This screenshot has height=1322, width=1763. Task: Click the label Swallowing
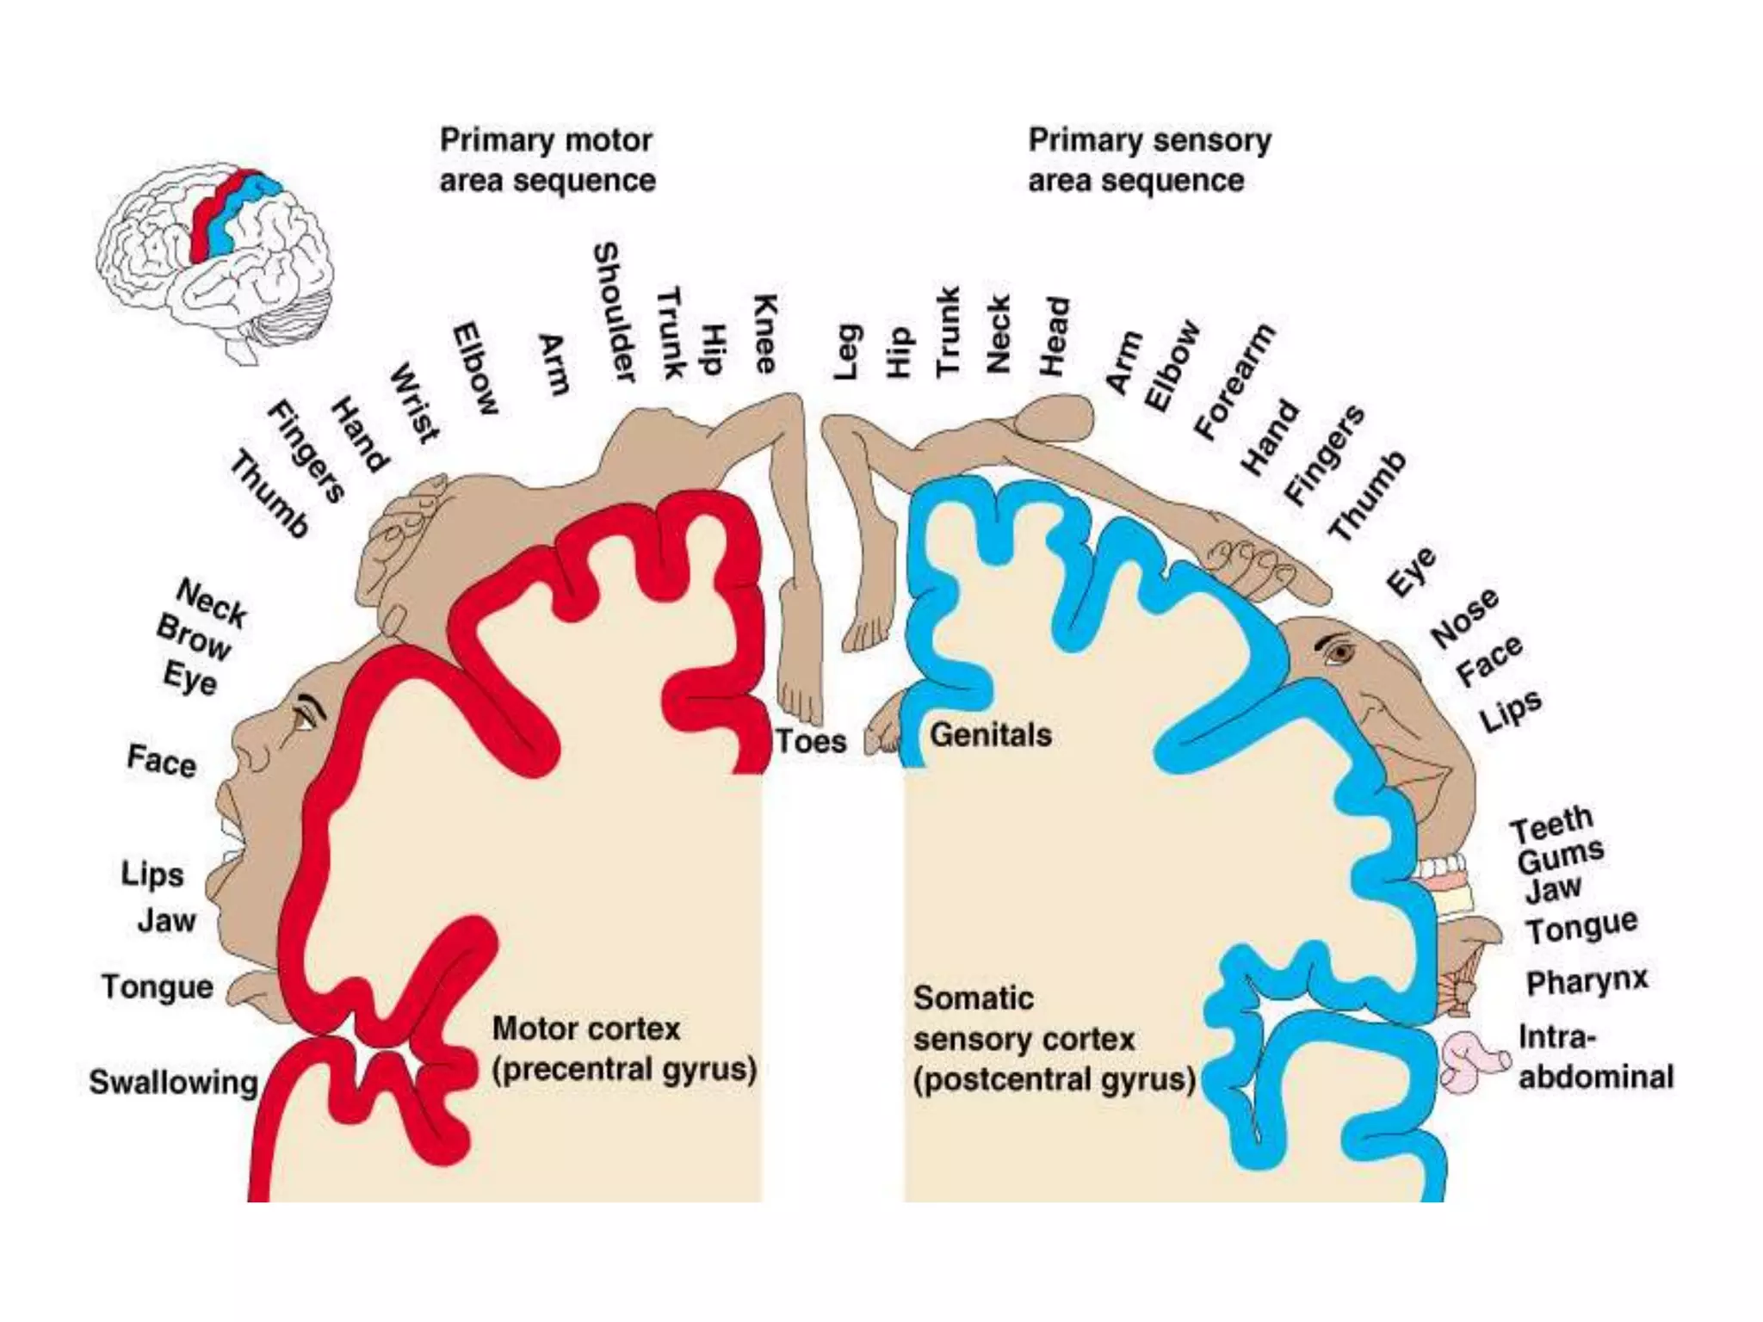pyautogui.click(x=173, y=1082)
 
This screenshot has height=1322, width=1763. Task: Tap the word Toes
pyautogui.click(x=811, y=741)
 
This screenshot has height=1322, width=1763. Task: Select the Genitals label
pyautogui.click(x=991, y=735)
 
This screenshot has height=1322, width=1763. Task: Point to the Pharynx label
pyautogui.click(x=1587, y=981)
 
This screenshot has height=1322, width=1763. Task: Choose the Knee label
pyautogui.click(x=765, y=334)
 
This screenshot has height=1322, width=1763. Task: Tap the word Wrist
pyautogui.click(x=415, y=403)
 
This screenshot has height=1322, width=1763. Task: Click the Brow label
pyautogui.click(x=194, y=638)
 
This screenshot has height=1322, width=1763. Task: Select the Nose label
pyautogui.click(x=1464, y=618)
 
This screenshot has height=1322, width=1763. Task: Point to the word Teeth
pyautogui.click(x=1552, y=825)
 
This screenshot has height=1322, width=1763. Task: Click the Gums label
pyautogui.click(x=1561, y=856)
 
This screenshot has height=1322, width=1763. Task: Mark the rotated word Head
pyautogui.click(x=1055, y=337)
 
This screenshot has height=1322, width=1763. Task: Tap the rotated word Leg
pyautogui.click(x=847, y=352)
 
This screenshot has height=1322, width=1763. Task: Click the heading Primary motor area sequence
pyautogui.click(x=547, y=160)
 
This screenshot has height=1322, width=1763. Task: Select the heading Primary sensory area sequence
pyautogui.click(x=1149, y=160)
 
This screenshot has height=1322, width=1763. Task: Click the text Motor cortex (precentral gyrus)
pyautogui.click(x=623, y=1049)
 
